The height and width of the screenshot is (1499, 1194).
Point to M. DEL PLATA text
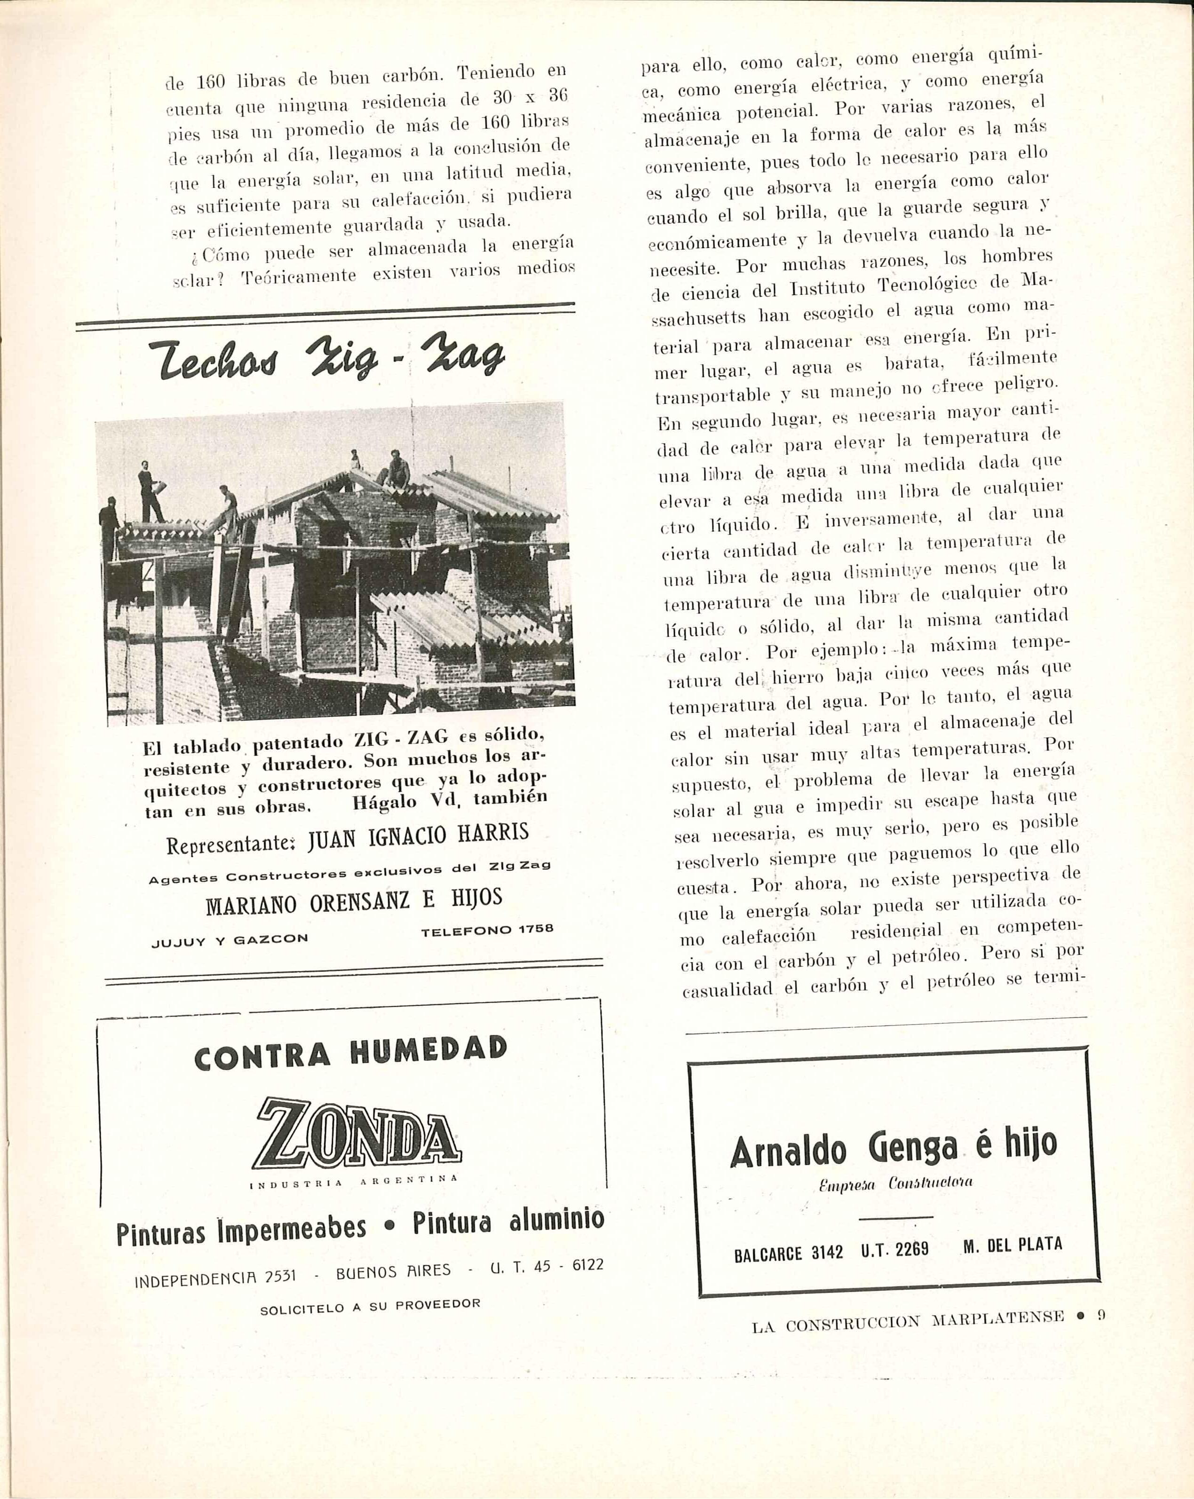[x=1012, y=1245]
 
